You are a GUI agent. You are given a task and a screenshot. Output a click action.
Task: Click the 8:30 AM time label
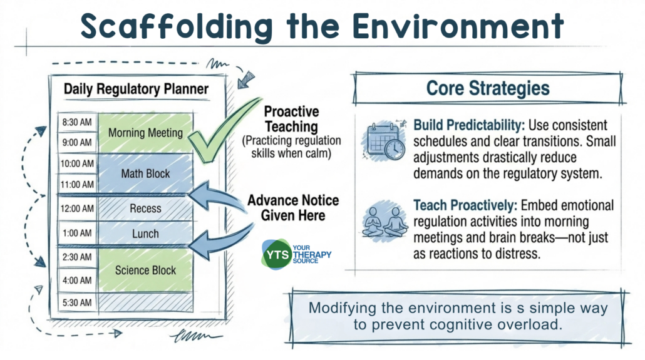coord(78,121)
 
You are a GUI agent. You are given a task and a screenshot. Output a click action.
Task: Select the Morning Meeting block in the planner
coord(145,133)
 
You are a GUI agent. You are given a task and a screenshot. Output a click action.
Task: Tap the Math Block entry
coord(145,173)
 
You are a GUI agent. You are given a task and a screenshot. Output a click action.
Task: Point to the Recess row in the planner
coord(145,208)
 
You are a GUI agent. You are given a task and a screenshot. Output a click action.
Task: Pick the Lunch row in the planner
coord(145,234)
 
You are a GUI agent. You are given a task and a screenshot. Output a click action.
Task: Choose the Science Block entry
coord(145,270)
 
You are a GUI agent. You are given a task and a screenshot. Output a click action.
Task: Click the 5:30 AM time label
coord(78,302)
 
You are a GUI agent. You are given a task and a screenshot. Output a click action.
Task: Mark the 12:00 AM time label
coord(78,208)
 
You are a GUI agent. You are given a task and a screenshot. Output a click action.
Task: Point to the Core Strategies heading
coord(488,88)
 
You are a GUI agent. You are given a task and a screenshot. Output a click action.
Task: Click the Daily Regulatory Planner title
coord(136,89)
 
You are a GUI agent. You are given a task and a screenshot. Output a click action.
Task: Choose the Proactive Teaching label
coord(291,119)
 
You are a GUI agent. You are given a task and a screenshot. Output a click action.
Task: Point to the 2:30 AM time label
coord(78,257)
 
